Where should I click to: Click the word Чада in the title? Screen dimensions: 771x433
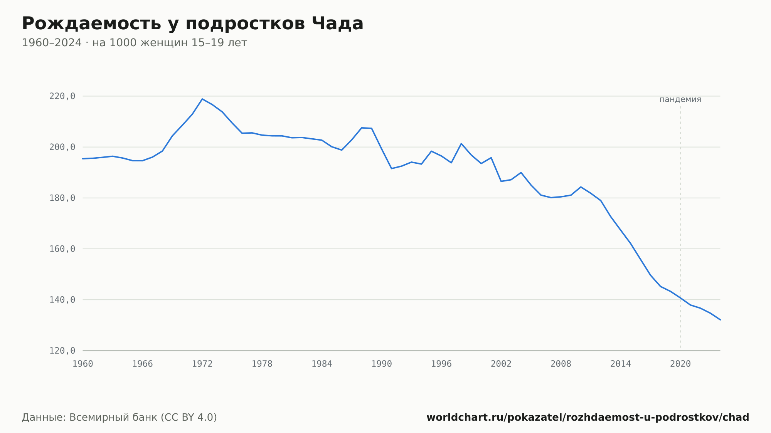pos(337,24)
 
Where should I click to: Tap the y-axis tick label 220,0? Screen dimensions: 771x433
pos(62,96)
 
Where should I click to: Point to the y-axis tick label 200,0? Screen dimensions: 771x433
pos(62,147)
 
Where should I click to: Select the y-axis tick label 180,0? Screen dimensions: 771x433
pos(62,198)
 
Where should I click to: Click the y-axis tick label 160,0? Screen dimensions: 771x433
pos(62,249)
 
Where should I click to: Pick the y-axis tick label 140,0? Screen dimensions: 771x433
pos(62,300)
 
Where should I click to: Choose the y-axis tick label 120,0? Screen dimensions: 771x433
pos(62,351)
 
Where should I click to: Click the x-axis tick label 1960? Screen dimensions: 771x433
pos(83,364)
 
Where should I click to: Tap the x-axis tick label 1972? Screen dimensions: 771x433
pos(202,364)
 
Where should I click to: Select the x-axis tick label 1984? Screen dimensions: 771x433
pos(322,364)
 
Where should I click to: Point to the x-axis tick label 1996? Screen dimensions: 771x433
pos(441,364)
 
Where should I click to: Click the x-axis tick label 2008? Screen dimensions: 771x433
pos(561,364)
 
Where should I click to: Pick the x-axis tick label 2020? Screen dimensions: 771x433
pos(680,364)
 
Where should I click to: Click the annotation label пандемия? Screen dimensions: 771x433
pos(680,99)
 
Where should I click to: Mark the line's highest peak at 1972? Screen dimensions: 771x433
pos(202,99)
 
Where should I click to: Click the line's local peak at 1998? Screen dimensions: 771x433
pos(461,144)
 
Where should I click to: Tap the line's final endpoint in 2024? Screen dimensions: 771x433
pos(720,320)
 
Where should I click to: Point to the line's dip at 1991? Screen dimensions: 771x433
pos(392,168)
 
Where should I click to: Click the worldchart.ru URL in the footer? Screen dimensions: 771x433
pos(588,418)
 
